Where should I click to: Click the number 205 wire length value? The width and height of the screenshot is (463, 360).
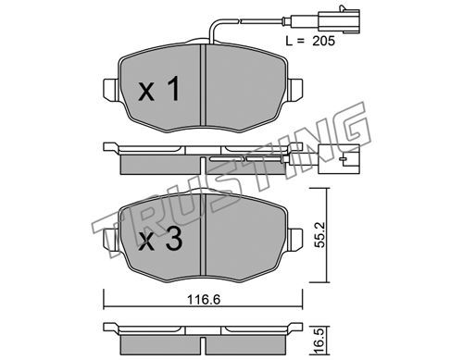tap(323, 41)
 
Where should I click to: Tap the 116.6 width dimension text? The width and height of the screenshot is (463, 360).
tap(204, 299)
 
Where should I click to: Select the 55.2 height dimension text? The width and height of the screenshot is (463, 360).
tap(321, 235)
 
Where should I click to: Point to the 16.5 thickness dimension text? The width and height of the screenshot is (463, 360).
tap(321, 341)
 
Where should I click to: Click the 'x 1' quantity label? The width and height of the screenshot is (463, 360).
tap(159, 89)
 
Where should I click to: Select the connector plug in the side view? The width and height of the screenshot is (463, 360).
tap(339, 159)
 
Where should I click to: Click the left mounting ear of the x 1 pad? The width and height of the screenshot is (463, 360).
tap(110, 90)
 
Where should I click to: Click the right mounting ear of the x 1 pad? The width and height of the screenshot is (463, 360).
tap(294, 90)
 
